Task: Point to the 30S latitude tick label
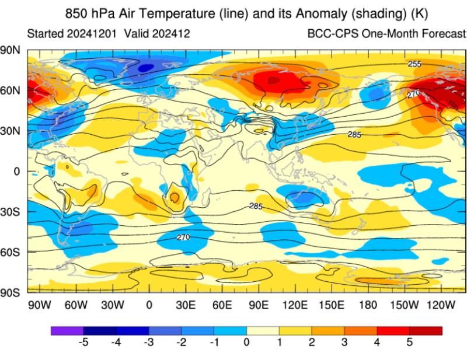click(x=11, y=211)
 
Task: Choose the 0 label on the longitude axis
click(x=149, y=305)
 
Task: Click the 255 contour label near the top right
click(x=414, y=64)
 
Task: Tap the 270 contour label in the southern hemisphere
click(x=183, y=237)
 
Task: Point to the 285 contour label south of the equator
click(x=256, y=207)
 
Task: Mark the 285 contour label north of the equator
click(x=354, y=135)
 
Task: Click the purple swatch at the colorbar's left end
click(x=67, y=330)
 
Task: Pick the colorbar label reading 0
click(x=247, y=342)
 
